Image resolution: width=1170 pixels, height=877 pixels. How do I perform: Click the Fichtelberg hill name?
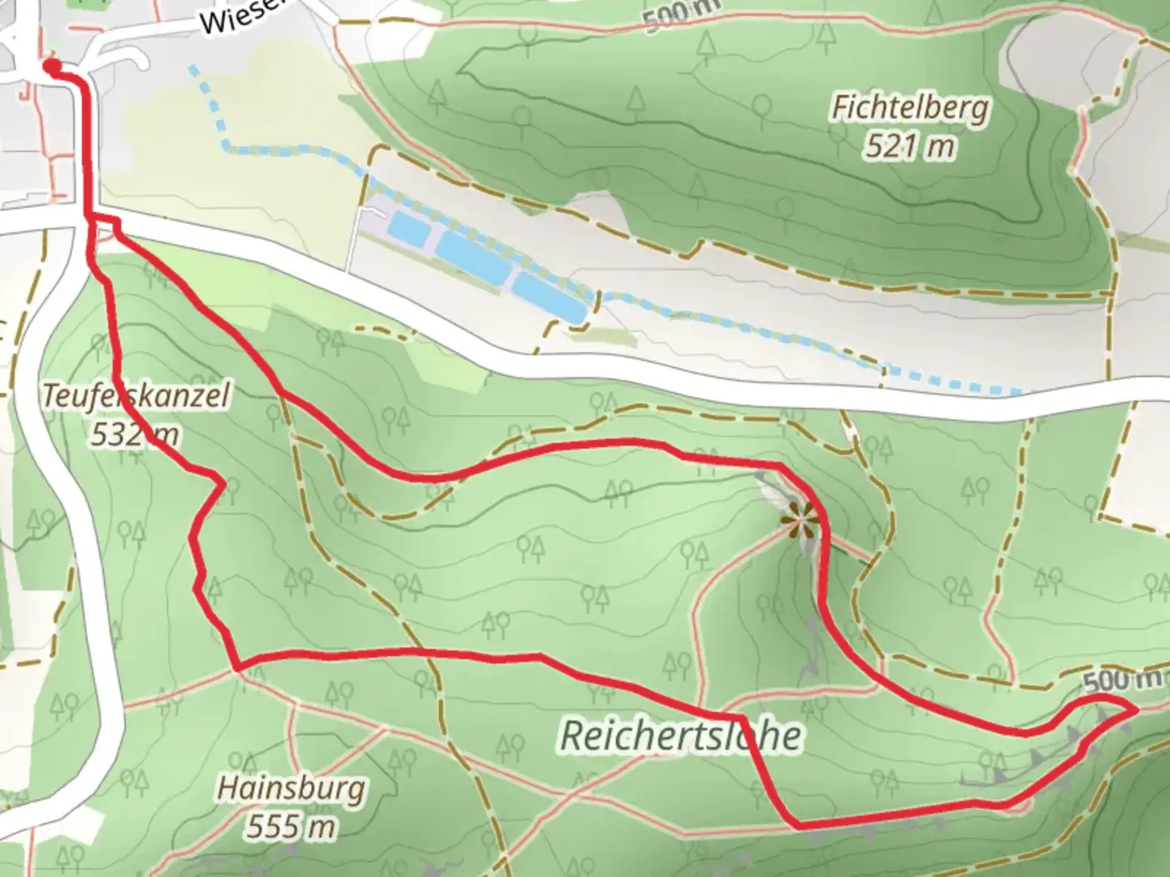click(x=910, y=109)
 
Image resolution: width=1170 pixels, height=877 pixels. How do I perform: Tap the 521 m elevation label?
click(x=910, y=147)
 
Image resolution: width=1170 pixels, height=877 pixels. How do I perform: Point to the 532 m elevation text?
click(x=134, y=436)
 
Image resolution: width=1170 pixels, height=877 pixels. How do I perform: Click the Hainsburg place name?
click(x=291, y=789)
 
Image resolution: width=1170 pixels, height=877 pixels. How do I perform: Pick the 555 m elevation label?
click(x=291, y=827)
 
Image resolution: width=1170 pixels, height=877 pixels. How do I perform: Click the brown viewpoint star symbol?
click(x=799, y=517)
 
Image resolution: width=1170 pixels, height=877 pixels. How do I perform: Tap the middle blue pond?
click(x=474, y=261)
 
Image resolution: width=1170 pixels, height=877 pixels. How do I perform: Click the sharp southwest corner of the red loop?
click(x=237, y=668)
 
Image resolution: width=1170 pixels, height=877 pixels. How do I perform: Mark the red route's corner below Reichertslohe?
click(x=795, y=825)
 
